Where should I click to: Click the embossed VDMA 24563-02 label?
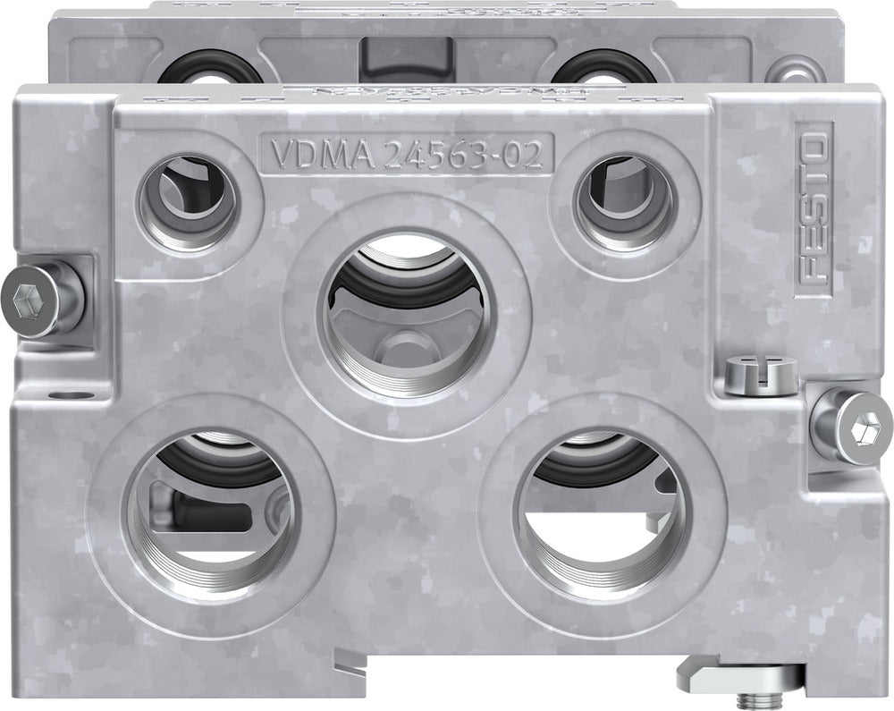pos(405,155)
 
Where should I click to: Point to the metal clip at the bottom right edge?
pos(715,673)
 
